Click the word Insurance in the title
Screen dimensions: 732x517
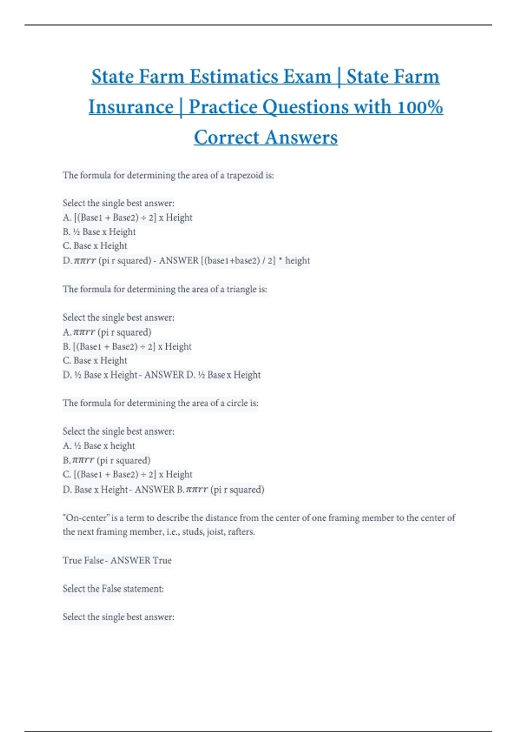(x=131, y=107)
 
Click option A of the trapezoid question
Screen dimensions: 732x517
(x=128, y=217)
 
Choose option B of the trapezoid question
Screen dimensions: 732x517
(x=99, y=232)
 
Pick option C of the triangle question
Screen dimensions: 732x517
(x=95, y=360)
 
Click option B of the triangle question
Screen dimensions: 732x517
(x=127, y=346)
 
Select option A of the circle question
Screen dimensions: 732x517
(x=99, y=446)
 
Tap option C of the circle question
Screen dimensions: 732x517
(x=128, y=475)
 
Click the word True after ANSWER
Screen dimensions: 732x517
(x=162, y=560)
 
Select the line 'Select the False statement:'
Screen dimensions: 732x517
(x=113, y=589)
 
